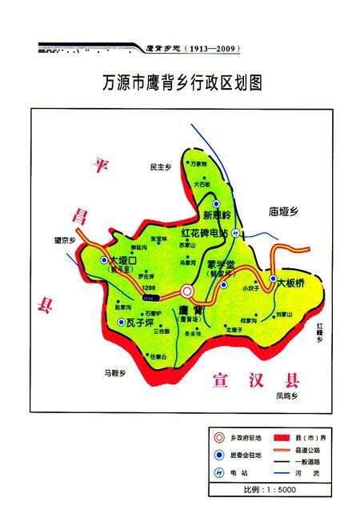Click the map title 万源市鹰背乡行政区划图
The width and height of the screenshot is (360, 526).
pos(183,82)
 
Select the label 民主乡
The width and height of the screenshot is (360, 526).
pos(161,167)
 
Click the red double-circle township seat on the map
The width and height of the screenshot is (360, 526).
pos(187,291)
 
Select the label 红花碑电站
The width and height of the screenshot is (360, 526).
pos(204,233)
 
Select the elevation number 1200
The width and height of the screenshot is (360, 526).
pos(148,287)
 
